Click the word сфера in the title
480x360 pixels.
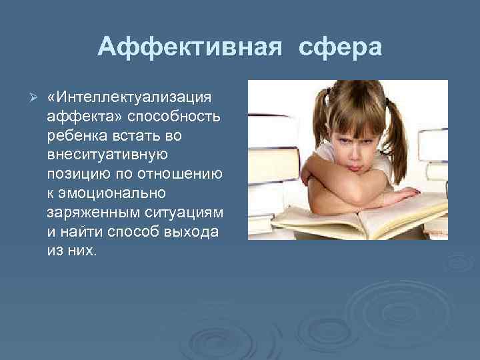click(x=341, y=47)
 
